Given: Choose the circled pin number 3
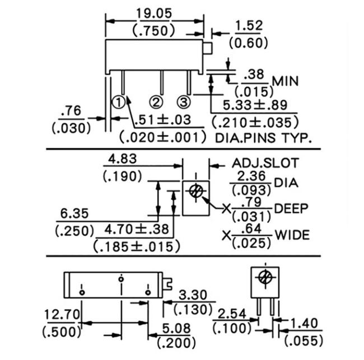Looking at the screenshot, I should click(x=184, y=101).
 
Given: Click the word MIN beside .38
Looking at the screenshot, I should click(x=286, y=82).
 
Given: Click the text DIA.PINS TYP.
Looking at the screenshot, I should click(x=263, y=137).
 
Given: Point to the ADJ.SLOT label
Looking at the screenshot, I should click(x=266, y=163).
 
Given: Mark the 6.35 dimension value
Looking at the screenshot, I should click(x=75, y=213).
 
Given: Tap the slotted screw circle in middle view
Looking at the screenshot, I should click(x=195, y=191).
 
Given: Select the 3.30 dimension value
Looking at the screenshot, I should click(x=193, y=294).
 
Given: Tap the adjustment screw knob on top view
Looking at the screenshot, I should click(x=208, y=48).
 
